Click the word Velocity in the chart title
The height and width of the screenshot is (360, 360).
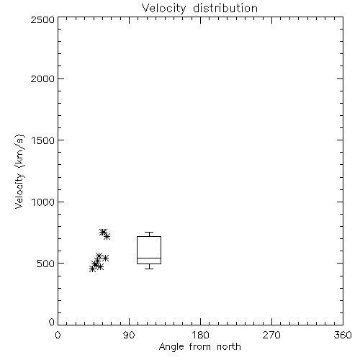164,9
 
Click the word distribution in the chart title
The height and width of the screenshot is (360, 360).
225,8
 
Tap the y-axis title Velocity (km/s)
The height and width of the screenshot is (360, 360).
19,171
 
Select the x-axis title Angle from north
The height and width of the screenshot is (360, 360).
199,346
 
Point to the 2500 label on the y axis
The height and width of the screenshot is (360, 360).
42,19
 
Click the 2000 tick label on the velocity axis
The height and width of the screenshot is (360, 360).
42,78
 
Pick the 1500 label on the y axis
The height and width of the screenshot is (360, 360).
43,140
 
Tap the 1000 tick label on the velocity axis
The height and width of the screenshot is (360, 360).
43,202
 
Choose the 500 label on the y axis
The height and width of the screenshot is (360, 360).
46,264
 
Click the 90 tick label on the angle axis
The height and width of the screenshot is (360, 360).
129,335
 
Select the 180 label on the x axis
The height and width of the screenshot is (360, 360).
200,335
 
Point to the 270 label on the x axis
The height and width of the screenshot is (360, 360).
271,335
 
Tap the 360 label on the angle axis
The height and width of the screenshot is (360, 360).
343,335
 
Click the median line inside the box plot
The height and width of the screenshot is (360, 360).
149,258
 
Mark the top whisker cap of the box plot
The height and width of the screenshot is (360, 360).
149,232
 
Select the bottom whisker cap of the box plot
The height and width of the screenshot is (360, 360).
149,269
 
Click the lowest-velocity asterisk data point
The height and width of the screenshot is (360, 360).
92,269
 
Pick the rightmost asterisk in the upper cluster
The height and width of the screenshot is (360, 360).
107,237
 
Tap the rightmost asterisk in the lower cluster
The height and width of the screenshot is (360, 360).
105,258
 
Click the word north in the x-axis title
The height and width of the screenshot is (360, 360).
229,346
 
